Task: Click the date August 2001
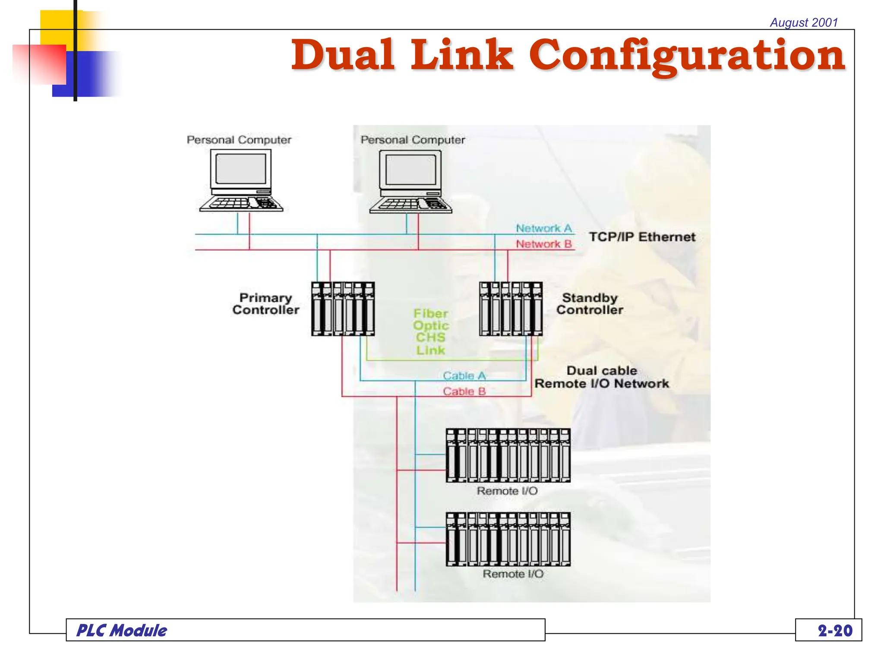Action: pyautogui.click(x=804, y=22)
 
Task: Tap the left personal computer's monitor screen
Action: pyautogui.click(x=240, y=169)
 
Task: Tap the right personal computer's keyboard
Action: pyautogui.click(x=410, y=205)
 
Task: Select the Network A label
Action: pyautogui.click(x=544, y=228)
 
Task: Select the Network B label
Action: pyautogui.click(x=544, y=244)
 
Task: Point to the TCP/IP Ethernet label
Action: pyautogui.click(x=642, y=237)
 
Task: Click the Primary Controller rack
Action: pyautogui.click(x=343, y=309)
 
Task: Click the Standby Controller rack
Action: pyautogui.click(x=511, y=309)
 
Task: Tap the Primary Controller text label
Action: pyautogui.click(x=265, y=304)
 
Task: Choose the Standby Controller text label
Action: pyautogui.click(x=590, y=304)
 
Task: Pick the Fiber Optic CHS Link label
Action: pyautogui.click(x=430, y=331)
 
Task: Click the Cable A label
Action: pyautogui.click(x=464, y=376)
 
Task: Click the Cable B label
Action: pyautogui.click(x=464, y=391)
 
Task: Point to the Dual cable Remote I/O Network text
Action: pyautogui.click(x=602, y=377)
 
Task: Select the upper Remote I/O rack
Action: pyautogui.click(x=508, y=455)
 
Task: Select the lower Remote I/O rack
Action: pyautogui.click(x=508, y=539)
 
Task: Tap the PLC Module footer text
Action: pyautogui.click(x=122, y=631)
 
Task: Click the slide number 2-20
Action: pyautogui.click(x=835, y=631)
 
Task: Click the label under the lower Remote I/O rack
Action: pyautogui.click(x=513, y=574)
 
